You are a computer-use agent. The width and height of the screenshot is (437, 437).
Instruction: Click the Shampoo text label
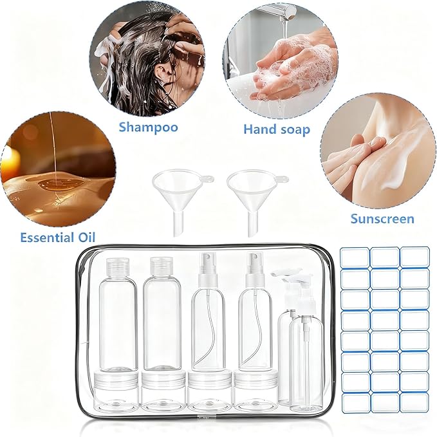(x=148, y=127)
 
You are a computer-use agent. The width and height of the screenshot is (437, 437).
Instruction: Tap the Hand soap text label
(x=276, y=129)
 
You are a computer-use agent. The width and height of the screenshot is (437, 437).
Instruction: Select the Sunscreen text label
(x=382, y=218)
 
